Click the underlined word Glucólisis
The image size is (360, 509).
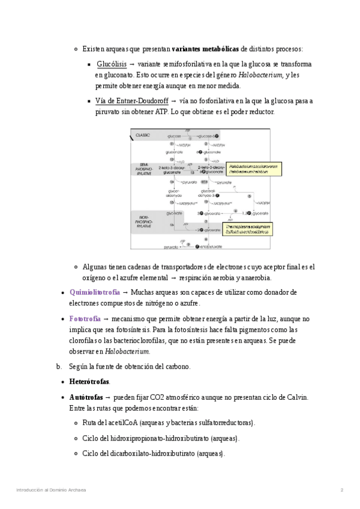(x=111, y=64)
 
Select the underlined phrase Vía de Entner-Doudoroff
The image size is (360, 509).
(x=131, y=101)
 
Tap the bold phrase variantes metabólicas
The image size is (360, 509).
(x=205, y=49)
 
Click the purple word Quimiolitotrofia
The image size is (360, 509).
(x=94, y=292)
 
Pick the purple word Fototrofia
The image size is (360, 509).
(x=85, y=319)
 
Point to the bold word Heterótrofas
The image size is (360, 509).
(x=89, y=381)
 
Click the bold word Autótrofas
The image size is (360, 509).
(x=86, y=397)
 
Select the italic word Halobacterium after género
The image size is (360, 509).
(x=260, y=76)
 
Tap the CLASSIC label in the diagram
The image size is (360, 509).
(x=143, y=135)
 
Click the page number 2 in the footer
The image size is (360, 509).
(x=341, y=490)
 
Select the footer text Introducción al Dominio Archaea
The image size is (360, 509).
(x=51, y=490)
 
